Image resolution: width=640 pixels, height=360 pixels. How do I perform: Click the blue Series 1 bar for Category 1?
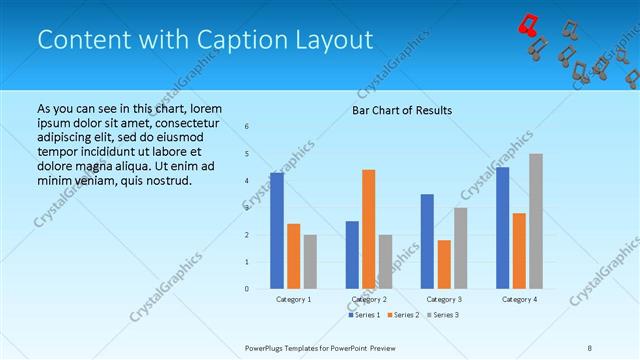click(x=277, y=230)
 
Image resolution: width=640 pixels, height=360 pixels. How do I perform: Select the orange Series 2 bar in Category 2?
click(x=368, y=229)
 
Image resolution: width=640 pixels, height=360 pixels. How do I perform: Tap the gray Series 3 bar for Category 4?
click(x=535, y=221)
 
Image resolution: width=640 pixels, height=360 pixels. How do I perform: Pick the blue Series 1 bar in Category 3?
click(x=427, y=241)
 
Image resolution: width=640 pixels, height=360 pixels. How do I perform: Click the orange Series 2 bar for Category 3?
click(x=444, y=264)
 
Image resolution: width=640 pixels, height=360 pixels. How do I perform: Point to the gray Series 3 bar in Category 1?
click(x=310, y=261)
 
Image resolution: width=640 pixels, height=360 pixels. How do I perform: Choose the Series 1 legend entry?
click(x=364, y=315)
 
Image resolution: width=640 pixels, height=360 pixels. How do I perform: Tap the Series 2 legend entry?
click(x=403, y=315)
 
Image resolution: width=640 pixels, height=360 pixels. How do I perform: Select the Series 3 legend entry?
click(x=442, y=315)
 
